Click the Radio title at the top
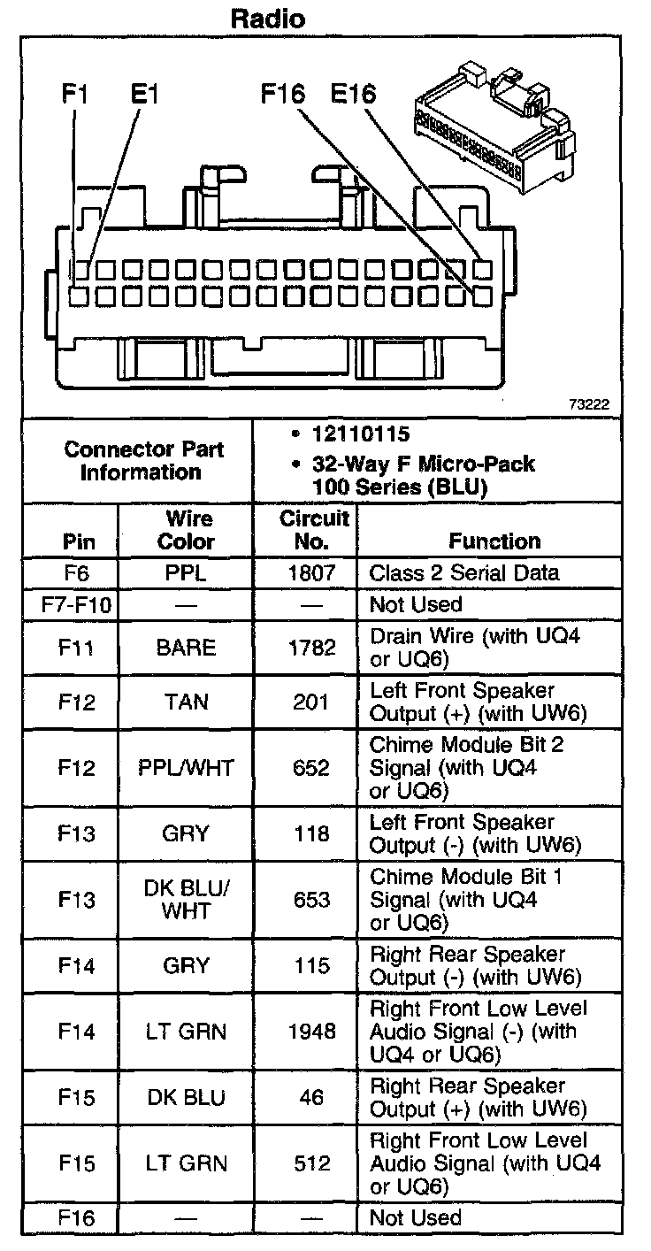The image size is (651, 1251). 269,18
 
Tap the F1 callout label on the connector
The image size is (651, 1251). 74,94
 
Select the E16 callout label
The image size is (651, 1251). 354,94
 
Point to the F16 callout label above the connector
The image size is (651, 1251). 283,94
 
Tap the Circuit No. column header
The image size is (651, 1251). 313,529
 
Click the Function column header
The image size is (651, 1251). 494,541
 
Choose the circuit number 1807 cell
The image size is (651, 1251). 312,572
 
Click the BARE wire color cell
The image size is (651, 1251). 186,648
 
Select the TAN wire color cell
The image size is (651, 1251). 186,702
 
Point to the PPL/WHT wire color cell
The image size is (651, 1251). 186,767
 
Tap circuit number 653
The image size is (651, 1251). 312,900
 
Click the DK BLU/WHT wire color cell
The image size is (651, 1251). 186,900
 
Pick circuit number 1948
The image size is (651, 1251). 312,1031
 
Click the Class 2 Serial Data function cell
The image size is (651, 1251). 464,572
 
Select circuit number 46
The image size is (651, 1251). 312,1097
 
